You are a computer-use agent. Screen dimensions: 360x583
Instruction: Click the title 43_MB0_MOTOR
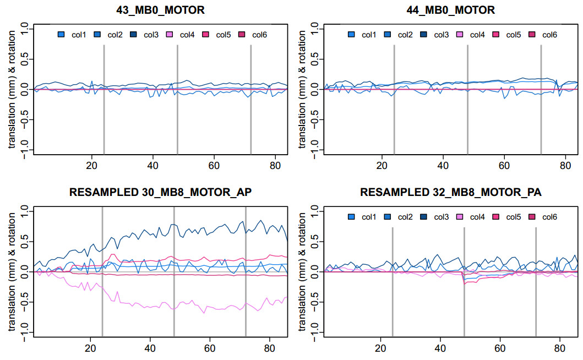pyautogui.click(x=160, y=9)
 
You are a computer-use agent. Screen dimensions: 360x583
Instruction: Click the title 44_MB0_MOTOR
pyautogui.click(x=451, y=9)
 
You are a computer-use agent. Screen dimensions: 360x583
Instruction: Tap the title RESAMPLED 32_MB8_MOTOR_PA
pyautogui.click(x=451, y=193)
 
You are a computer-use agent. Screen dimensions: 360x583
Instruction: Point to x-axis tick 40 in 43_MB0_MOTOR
pyautogui.click(x=153, y=166)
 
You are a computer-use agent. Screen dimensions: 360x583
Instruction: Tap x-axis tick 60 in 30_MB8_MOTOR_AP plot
pyautogui.click(x=209, y=348)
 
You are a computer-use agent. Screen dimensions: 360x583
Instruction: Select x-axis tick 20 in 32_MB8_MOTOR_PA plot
pyautogui.click(x=380, y=348)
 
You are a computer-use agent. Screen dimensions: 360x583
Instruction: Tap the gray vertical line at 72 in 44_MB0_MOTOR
pyautogui.click(x=541, y=99)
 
